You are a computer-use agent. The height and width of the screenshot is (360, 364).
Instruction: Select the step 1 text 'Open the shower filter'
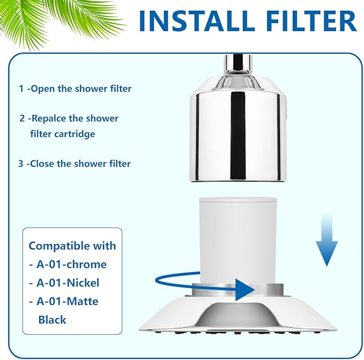tap(80, 89)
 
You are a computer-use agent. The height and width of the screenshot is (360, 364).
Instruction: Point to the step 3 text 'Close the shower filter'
tap(80, 163)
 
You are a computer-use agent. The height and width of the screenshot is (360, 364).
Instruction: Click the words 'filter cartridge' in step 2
tap(63, 134)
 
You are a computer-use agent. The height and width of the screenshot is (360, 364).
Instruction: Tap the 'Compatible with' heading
tap(72, 246)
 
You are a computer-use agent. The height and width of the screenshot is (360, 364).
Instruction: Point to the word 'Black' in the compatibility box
tap(52, 319)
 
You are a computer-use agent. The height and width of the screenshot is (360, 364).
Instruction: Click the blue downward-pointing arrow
tap(326, 246)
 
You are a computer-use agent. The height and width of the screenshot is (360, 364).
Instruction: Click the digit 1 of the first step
tap(21, 89)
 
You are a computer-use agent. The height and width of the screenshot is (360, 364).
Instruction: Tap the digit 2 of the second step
tap(23, 118)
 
